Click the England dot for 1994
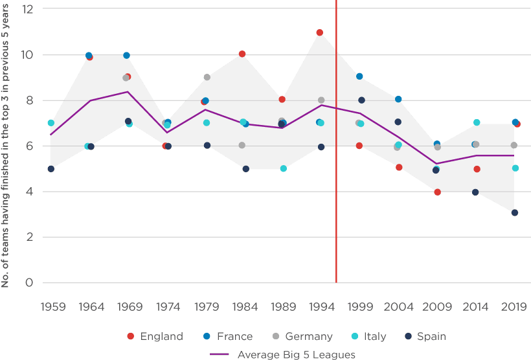click(320, 32)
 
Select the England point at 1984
click(242, 54)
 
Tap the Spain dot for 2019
click(515, 212)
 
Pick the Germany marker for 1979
click(207, 77)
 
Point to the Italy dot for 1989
click(284, 168)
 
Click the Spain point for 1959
click(51, 169)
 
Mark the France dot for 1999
click(359, 76)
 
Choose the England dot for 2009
click(438, 192)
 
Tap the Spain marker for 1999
click(361, 100)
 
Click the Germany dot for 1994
click(321, 100)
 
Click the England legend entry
click(155, 336)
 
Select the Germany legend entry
click(303, 336)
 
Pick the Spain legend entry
click(426, 336)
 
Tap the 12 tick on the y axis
click(27, 9)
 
